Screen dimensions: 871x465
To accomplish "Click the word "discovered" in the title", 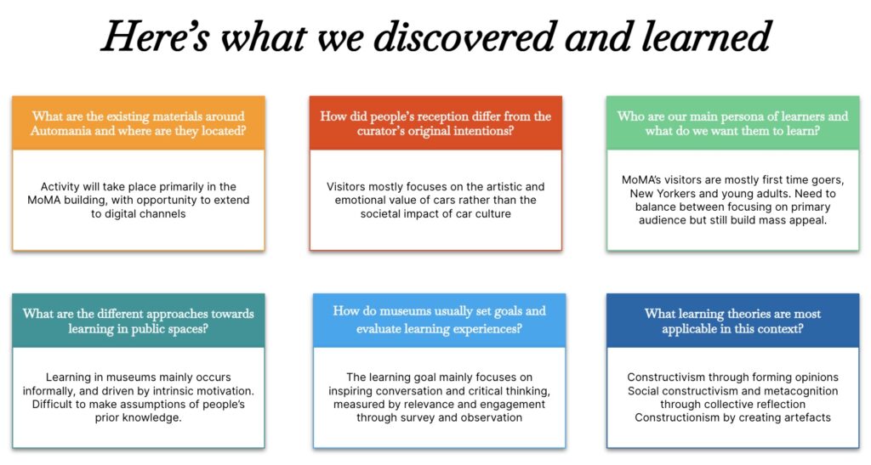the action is [x=464, y=36].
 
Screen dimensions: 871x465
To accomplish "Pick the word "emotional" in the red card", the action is [x=358, y=200].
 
